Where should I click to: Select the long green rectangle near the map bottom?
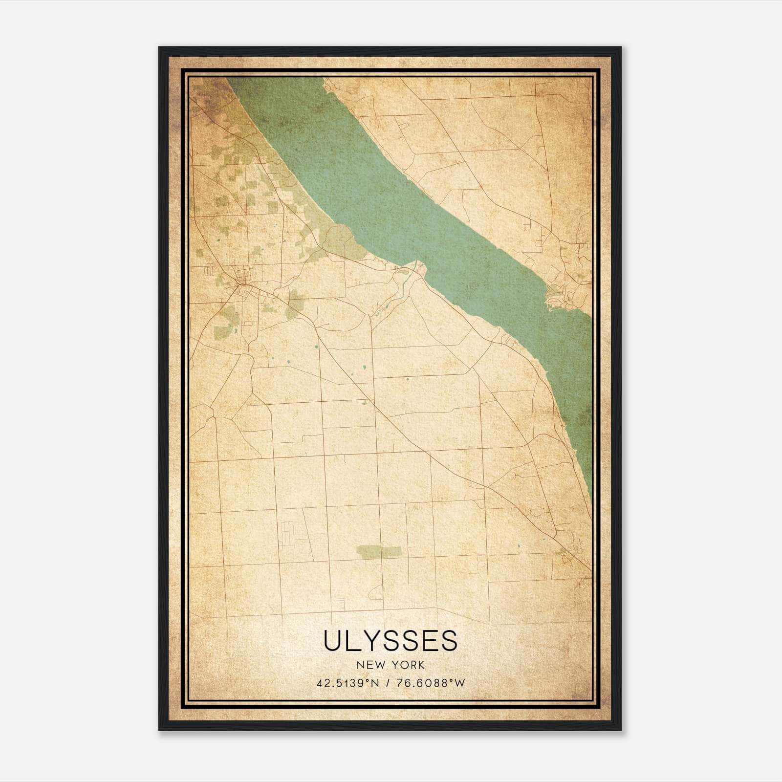point(379,551)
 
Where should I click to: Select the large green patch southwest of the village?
point(225,323)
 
